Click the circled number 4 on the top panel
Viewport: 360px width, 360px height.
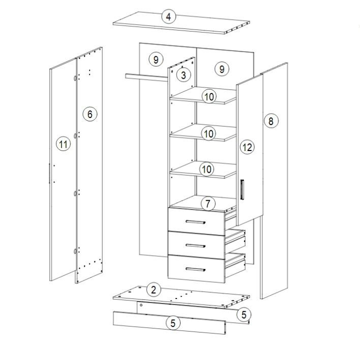(169, 17)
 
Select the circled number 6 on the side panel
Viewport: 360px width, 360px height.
(90, 114)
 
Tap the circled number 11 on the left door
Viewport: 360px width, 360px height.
(64, 144)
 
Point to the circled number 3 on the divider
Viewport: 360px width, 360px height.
(184, 75)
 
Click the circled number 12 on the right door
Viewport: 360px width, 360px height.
(247, 147)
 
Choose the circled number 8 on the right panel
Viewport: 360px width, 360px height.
(271, 121)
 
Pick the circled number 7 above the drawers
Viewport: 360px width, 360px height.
(208, 203)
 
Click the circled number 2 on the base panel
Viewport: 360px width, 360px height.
(154, 290)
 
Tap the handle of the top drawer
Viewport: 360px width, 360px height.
(196, 222)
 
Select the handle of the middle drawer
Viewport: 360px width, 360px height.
(196, 246)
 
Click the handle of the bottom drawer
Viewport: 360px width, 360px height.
(196, 269)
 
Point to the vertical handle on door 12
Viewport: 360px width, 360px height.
(242, 190)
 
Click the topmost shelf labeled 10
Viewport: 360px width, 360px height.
(203, 96)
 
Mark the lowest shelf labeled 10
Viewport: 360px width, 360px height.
(203, 170)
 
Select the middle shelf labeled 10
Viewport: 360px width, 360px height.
(203, 133)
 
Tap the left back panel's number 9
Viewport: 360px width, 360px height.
(156, 59)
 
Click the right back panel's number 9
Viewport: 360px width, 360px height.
(222, 69)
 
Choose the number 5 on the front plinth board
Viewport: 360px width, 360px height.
(173, 323)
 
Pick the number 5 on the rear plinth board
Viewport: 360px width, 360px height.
(244, 314)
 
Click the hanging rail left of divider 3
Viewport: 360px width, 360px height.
(146, 77)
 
